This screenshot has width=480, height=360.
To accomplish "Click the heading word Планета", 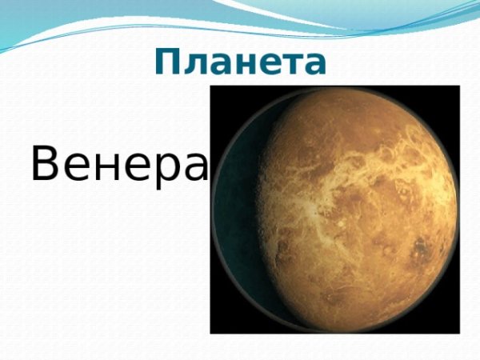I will [240, 62].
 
